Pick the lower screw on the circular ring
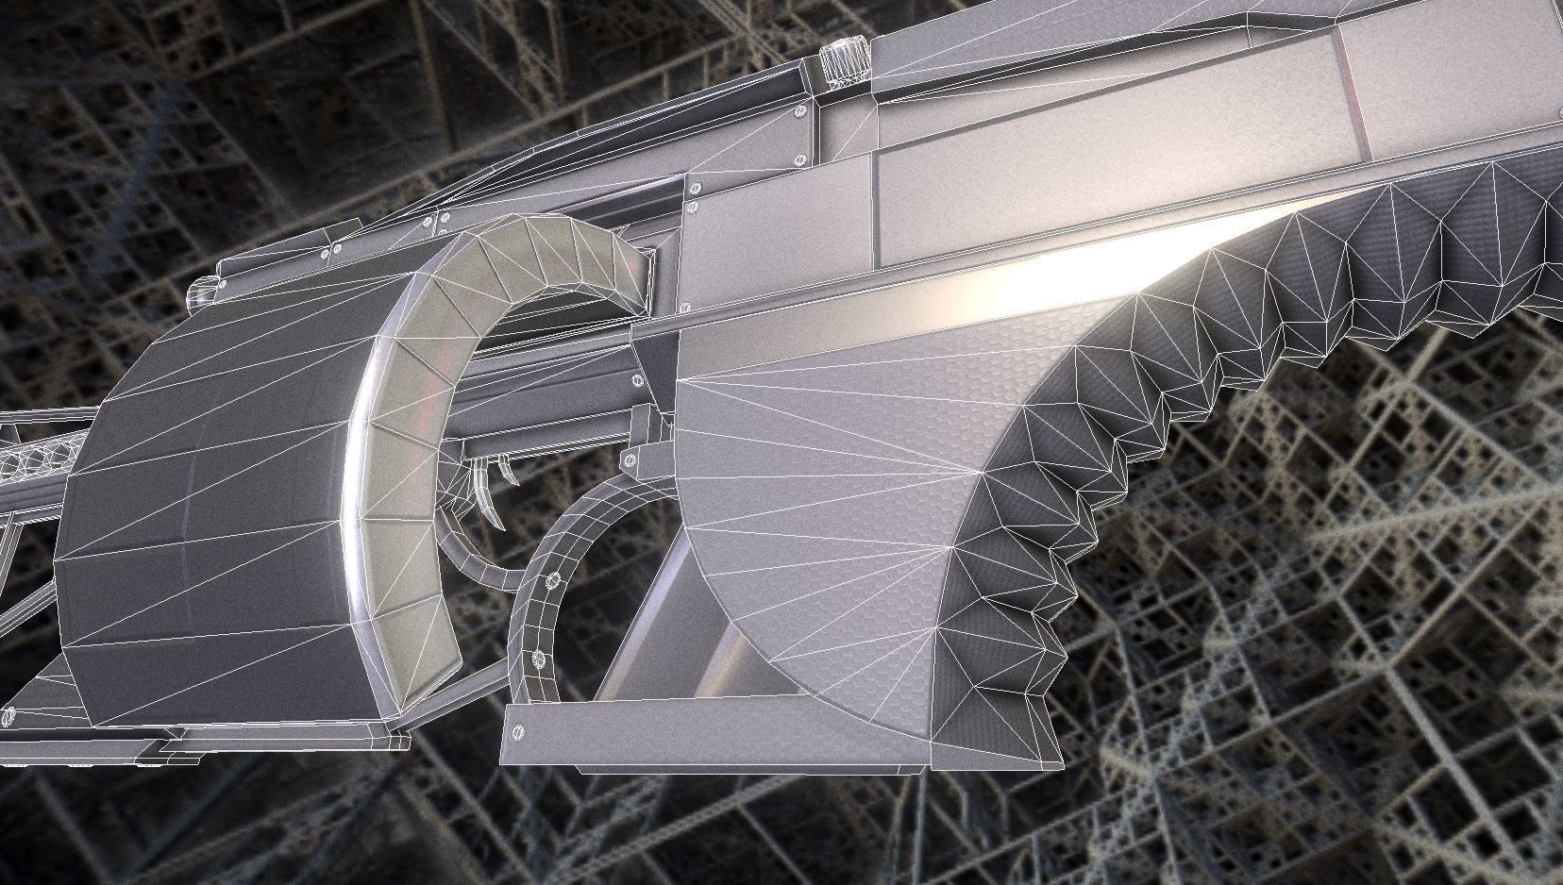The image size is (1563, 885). pyautogui.click(x=539, y=658)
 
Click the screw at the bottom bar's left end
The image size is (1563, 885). pyautogui.click(x=517, y=732)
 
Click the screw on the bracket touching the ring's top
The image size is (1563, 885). pyautogui.click(x=629, y=461)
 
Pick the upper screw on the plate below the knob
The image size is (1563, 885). pyautogui.click(x=801, y=110)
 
